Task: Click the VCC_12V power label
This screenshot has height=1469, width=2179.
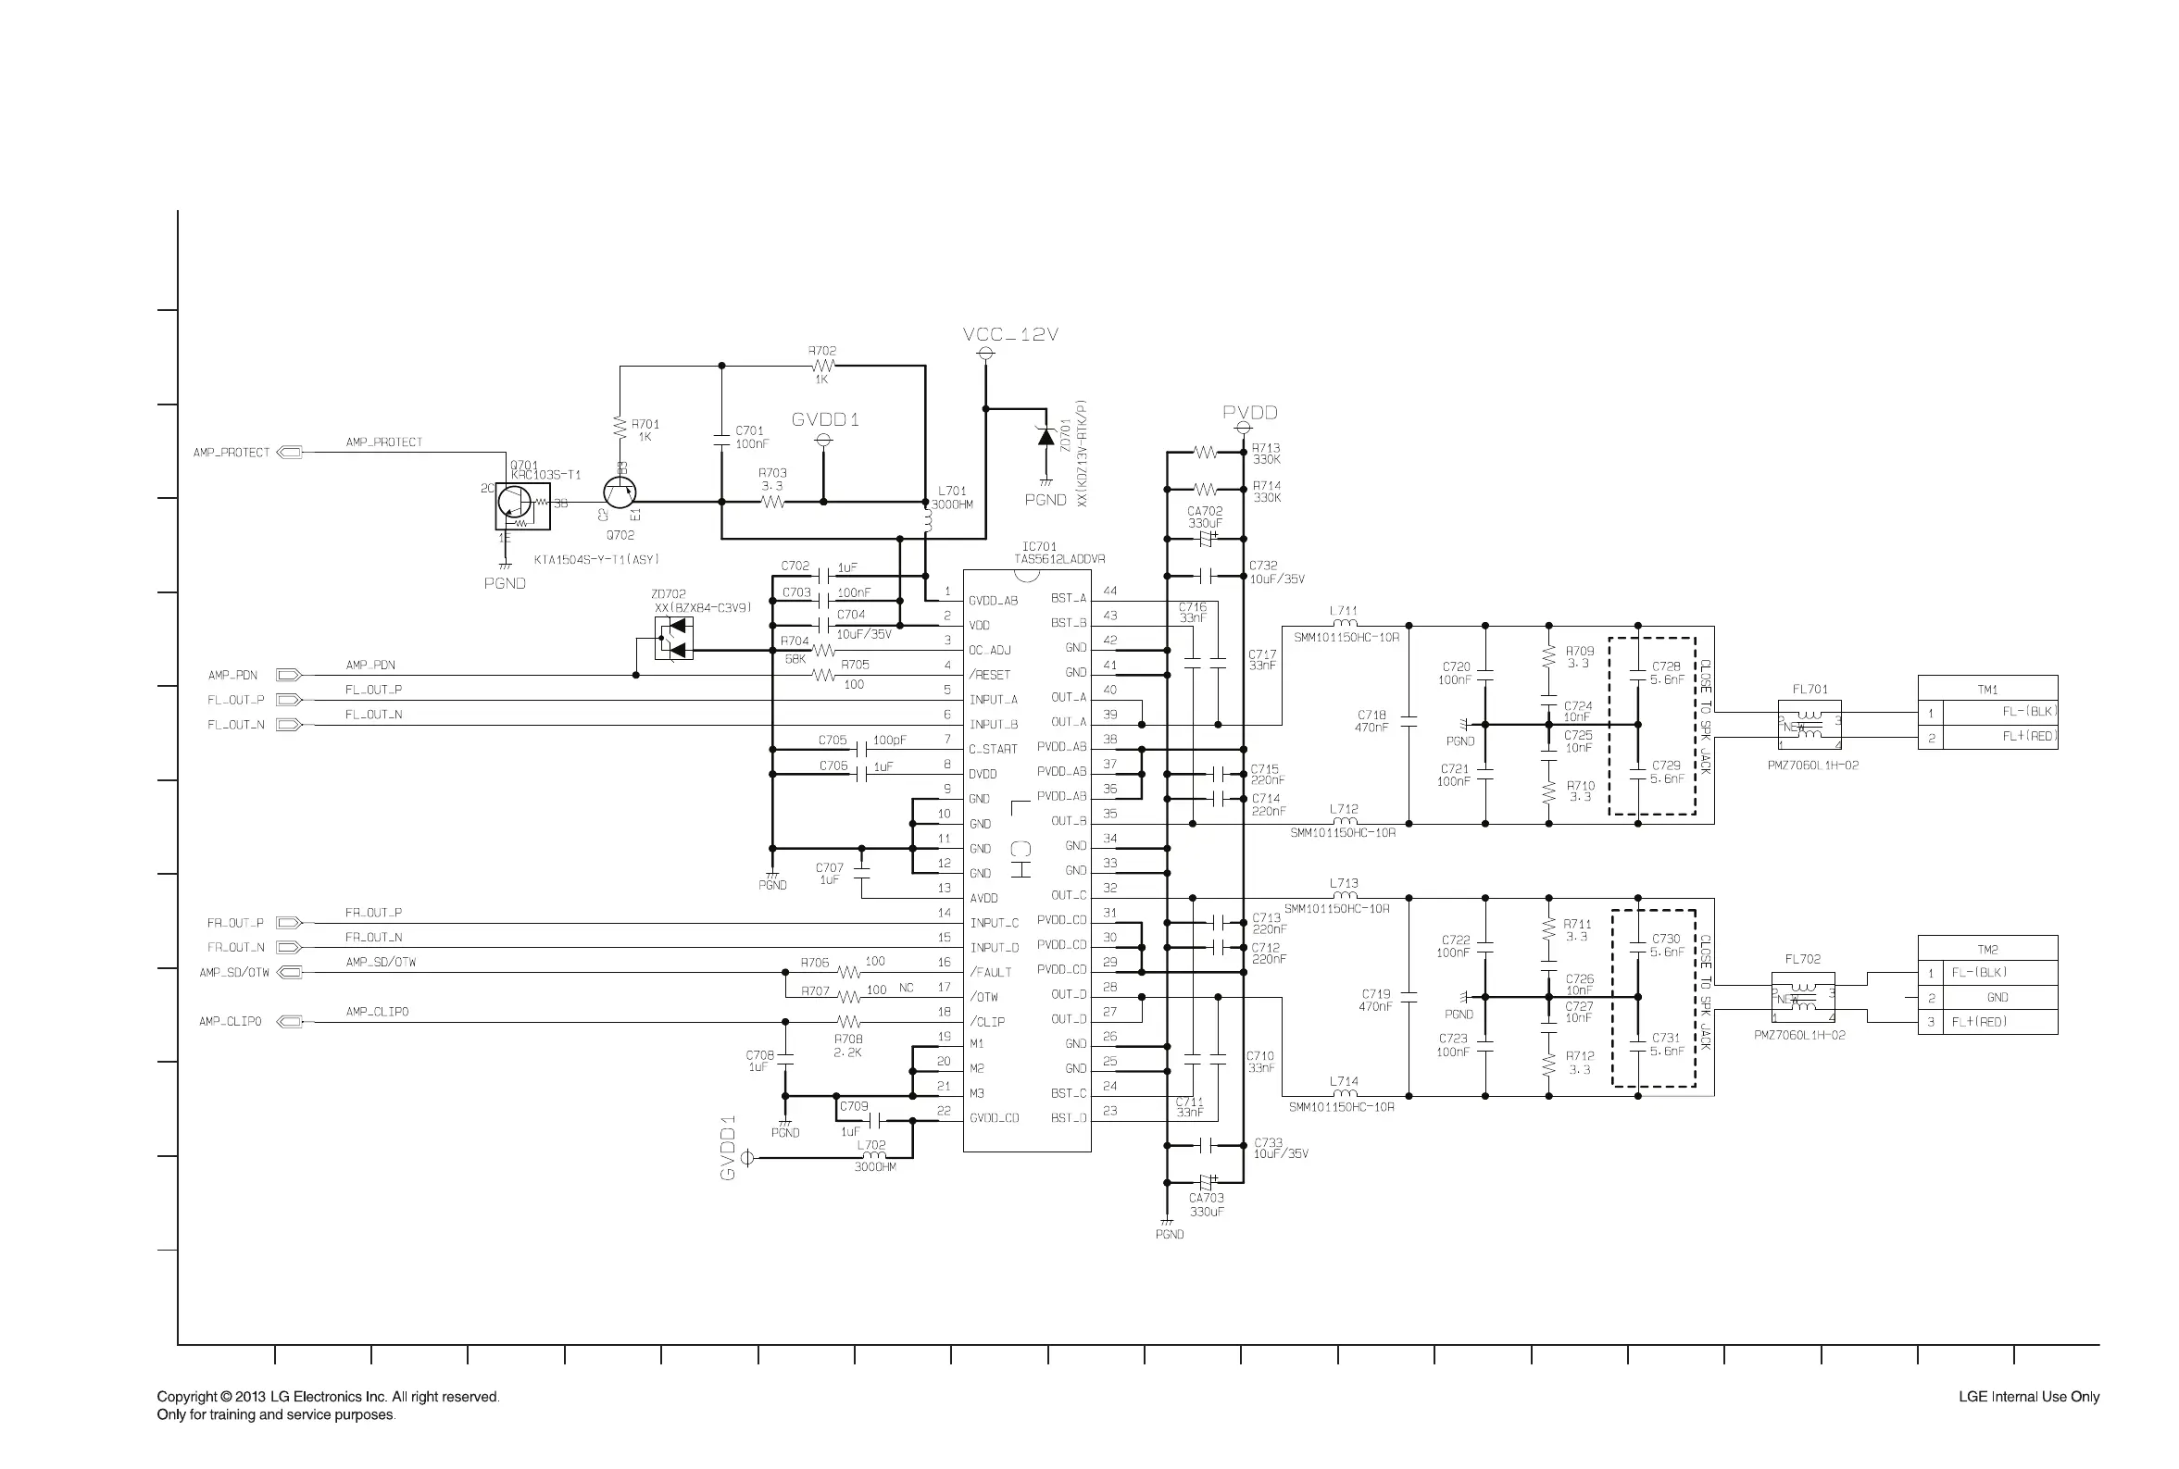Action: tap(1009, 334)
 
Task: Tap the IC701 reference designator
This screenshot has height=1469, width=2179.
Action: tap(1039, 546)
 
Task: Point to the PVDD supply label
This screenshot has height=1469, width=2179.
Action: tap(1249, 412)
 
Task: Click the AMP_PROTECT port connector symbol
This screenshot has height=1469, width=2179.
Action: tap(291, 453)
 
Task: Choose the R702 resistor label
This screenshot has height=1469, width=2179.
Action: tap(822, 351)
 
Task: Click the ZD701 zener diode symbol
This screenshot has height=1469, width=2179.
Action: tap(1046, 438)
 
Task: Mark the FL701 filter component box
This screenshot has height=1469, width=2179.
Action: tap(1809, 724)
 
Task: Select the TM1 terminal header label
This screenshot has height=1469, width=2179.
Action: tap(1987, 689)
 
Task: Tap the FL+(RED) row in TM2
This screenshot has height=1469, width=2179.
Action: tap(1987, 1022)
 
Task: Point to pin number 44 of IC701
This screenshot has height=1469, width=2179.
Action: tap(1109, 591)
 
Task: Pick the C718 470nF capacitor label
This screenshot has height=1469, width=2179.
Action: tap(1371, 720)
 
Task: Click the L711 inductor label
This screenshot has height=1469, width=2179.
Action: tap(1343, 611)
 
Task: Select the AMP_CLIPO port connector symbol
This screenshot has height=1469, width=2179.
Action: tap(291, 1021)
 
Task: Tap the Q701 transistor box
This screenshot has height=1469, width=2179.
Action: tap(522, 506)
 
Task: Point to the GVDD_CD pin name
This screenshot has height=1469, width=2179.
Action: tap(994, 1117)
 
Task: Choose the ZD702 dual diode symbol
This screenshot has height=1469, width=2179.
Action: tap(674, 638)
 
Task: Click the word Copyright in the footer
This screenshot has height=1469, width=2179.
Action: tap(187, 1396)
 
